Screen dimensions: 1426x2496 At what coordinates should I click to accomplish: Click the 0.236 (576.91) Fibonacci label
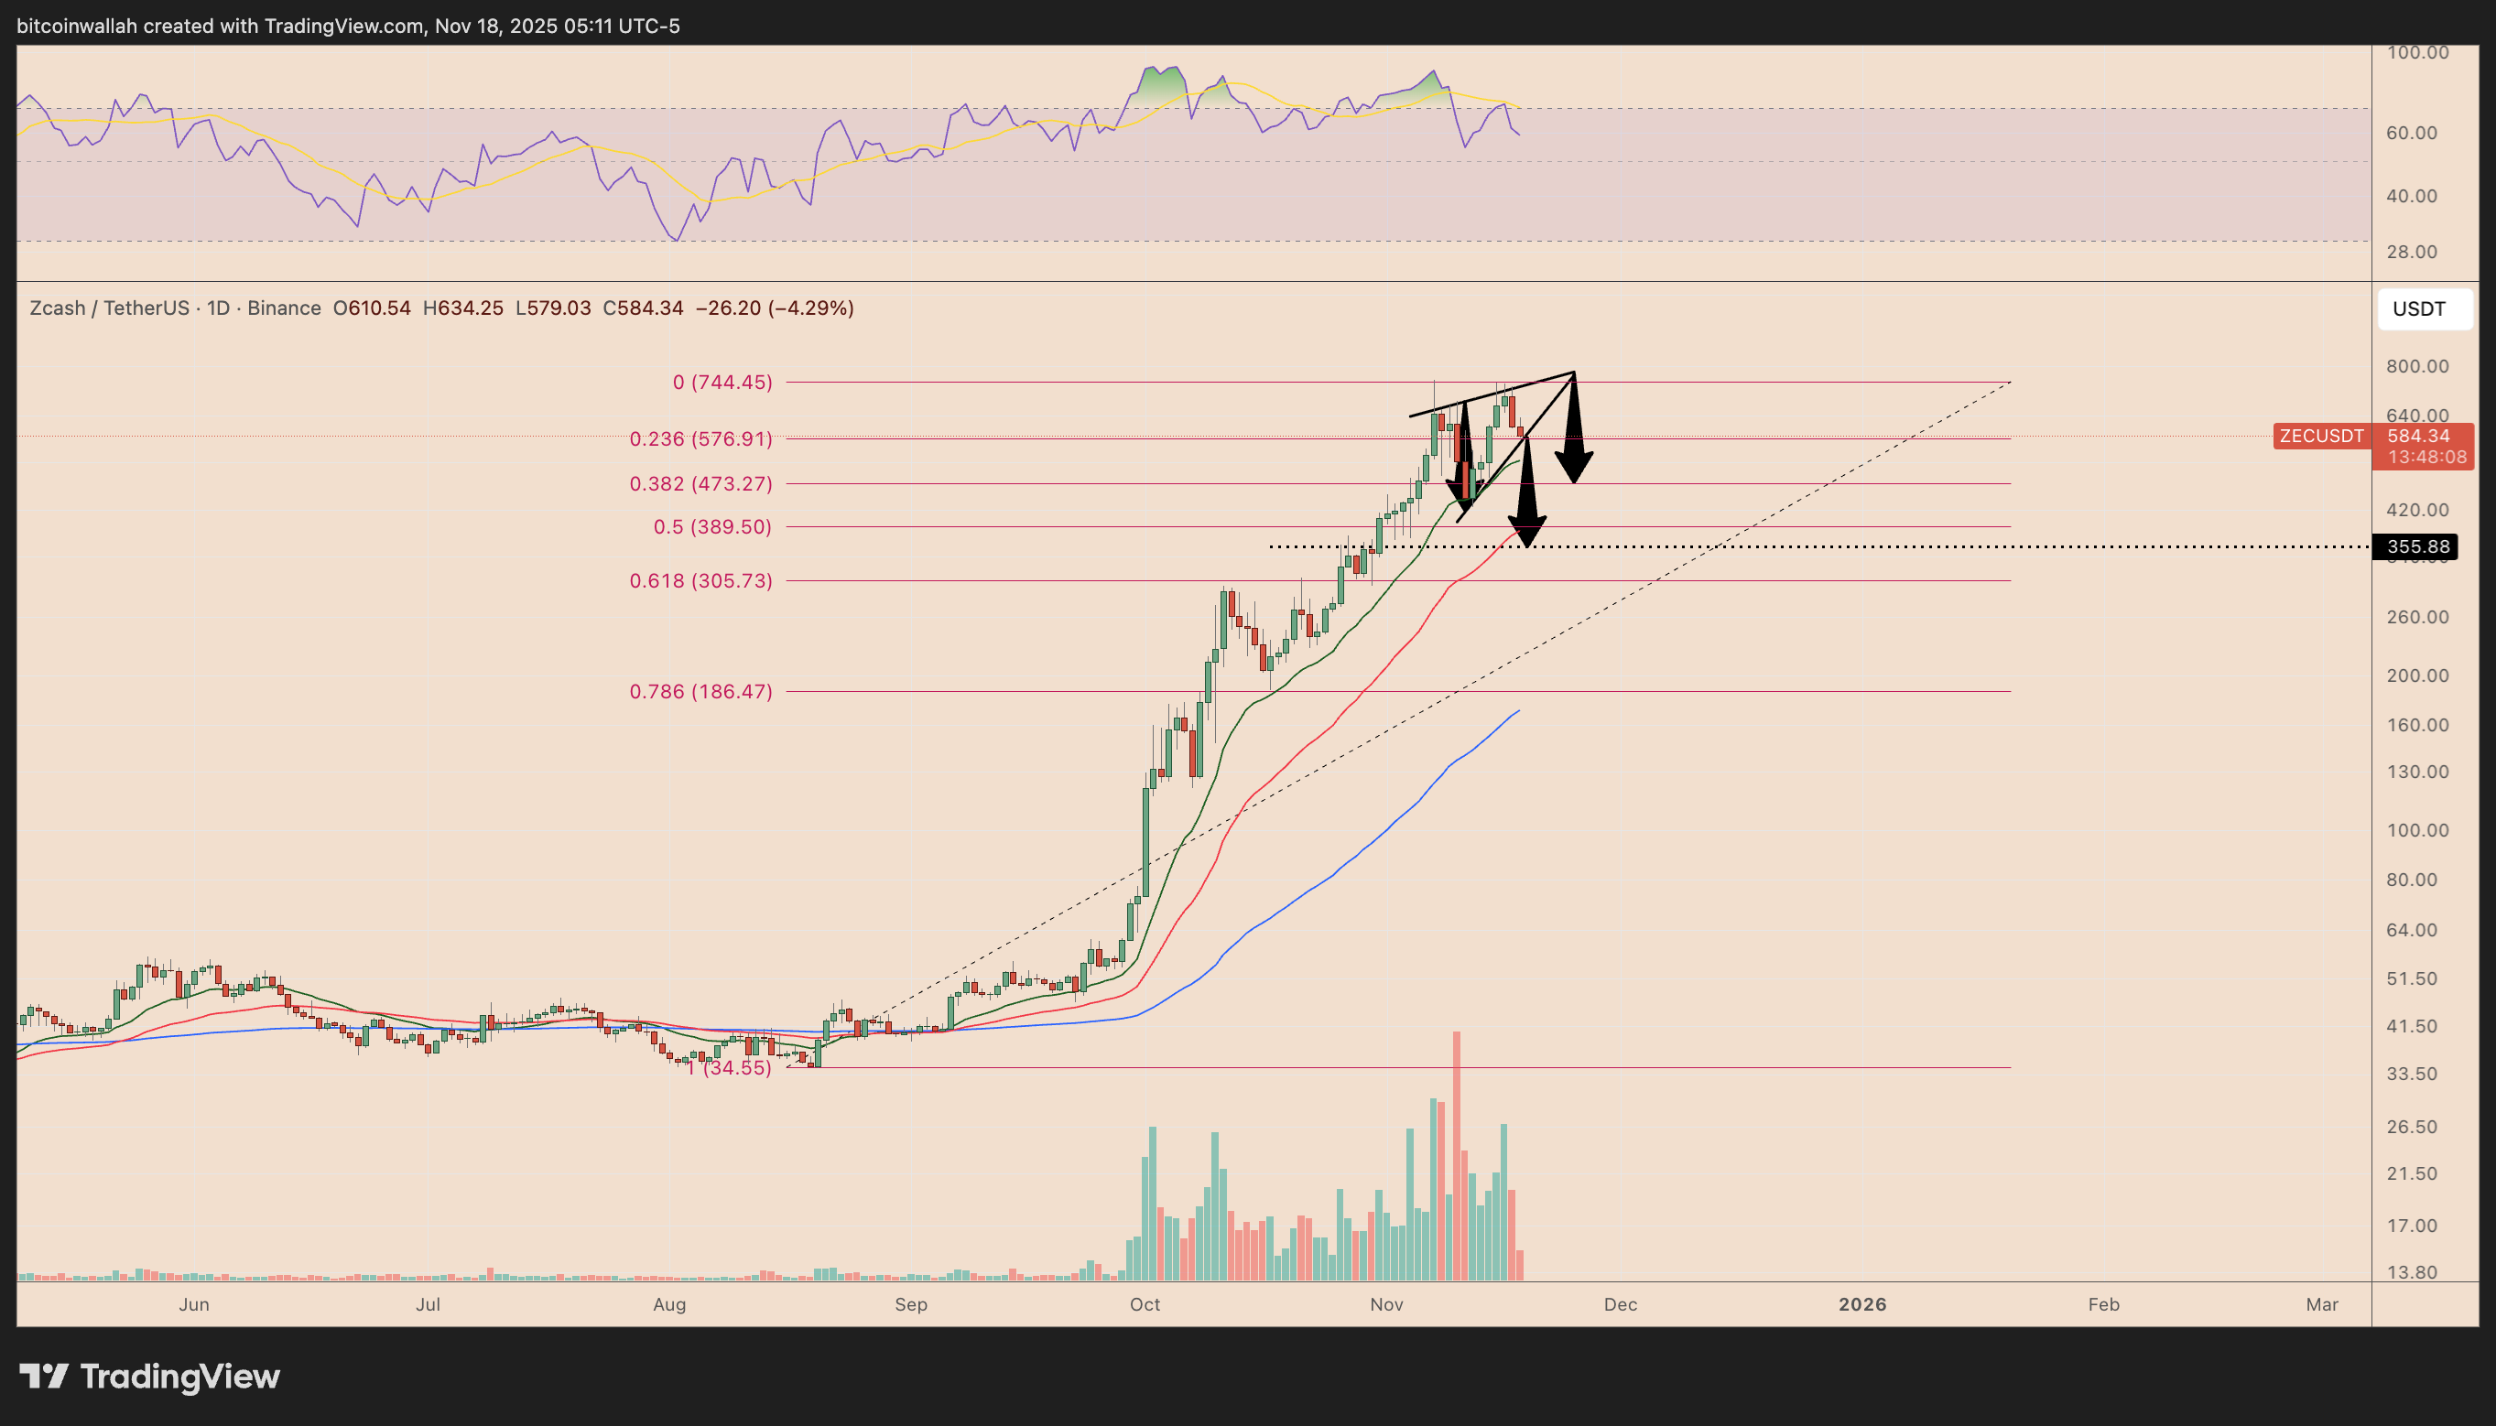pos(700,438)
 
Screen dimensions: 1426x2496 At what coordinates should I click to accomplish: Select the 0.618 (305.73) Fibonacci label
pos(700,581)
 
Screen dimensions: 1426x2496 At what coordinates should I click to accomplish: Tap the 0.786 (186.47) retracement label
pos(700,691)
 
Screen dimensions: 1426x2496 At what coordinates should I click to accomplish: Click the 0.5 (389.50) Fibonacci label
pos(712,527)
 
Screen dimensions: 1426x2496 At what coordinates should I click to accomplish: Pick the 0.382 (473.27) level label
pos(700,484)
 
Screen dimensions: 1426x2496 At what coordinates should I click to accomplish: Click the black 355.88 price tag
pos(2417,546)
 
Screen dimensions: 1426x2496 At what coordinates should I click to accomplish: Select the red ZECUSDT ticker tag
pos(2320,436)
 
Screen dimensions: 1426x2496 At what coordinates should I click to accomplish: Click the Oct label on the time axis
pos(1145,1304)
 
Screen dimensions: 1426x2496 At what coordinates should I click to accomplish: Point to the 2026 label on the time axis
pos(1861,1304)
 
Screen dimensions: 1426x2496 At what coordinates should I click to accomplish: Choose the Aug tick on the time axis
pos(669,1304)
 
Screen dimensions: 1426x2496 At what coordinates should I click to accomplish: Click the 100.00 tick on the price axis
pos(2417,830)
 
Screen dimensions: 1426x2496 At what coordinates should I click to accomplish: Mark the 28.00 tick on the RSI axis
pos(2411,252)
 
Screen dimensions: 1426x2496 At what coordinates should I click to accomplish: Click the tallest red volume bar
pos(1457,1156)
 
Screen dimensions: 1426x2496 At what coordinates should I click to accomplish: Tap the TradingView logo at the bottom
pos(150,1376)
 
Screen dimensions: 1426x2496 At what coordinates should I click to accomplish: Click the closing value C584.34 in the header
pos(643,308)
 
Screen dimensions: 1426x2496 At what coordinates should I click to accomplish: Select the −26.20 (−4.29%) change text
pos(774,308)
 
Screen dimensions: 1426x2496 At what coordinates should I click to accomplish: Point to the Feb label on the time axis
pos(2103,1304)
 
